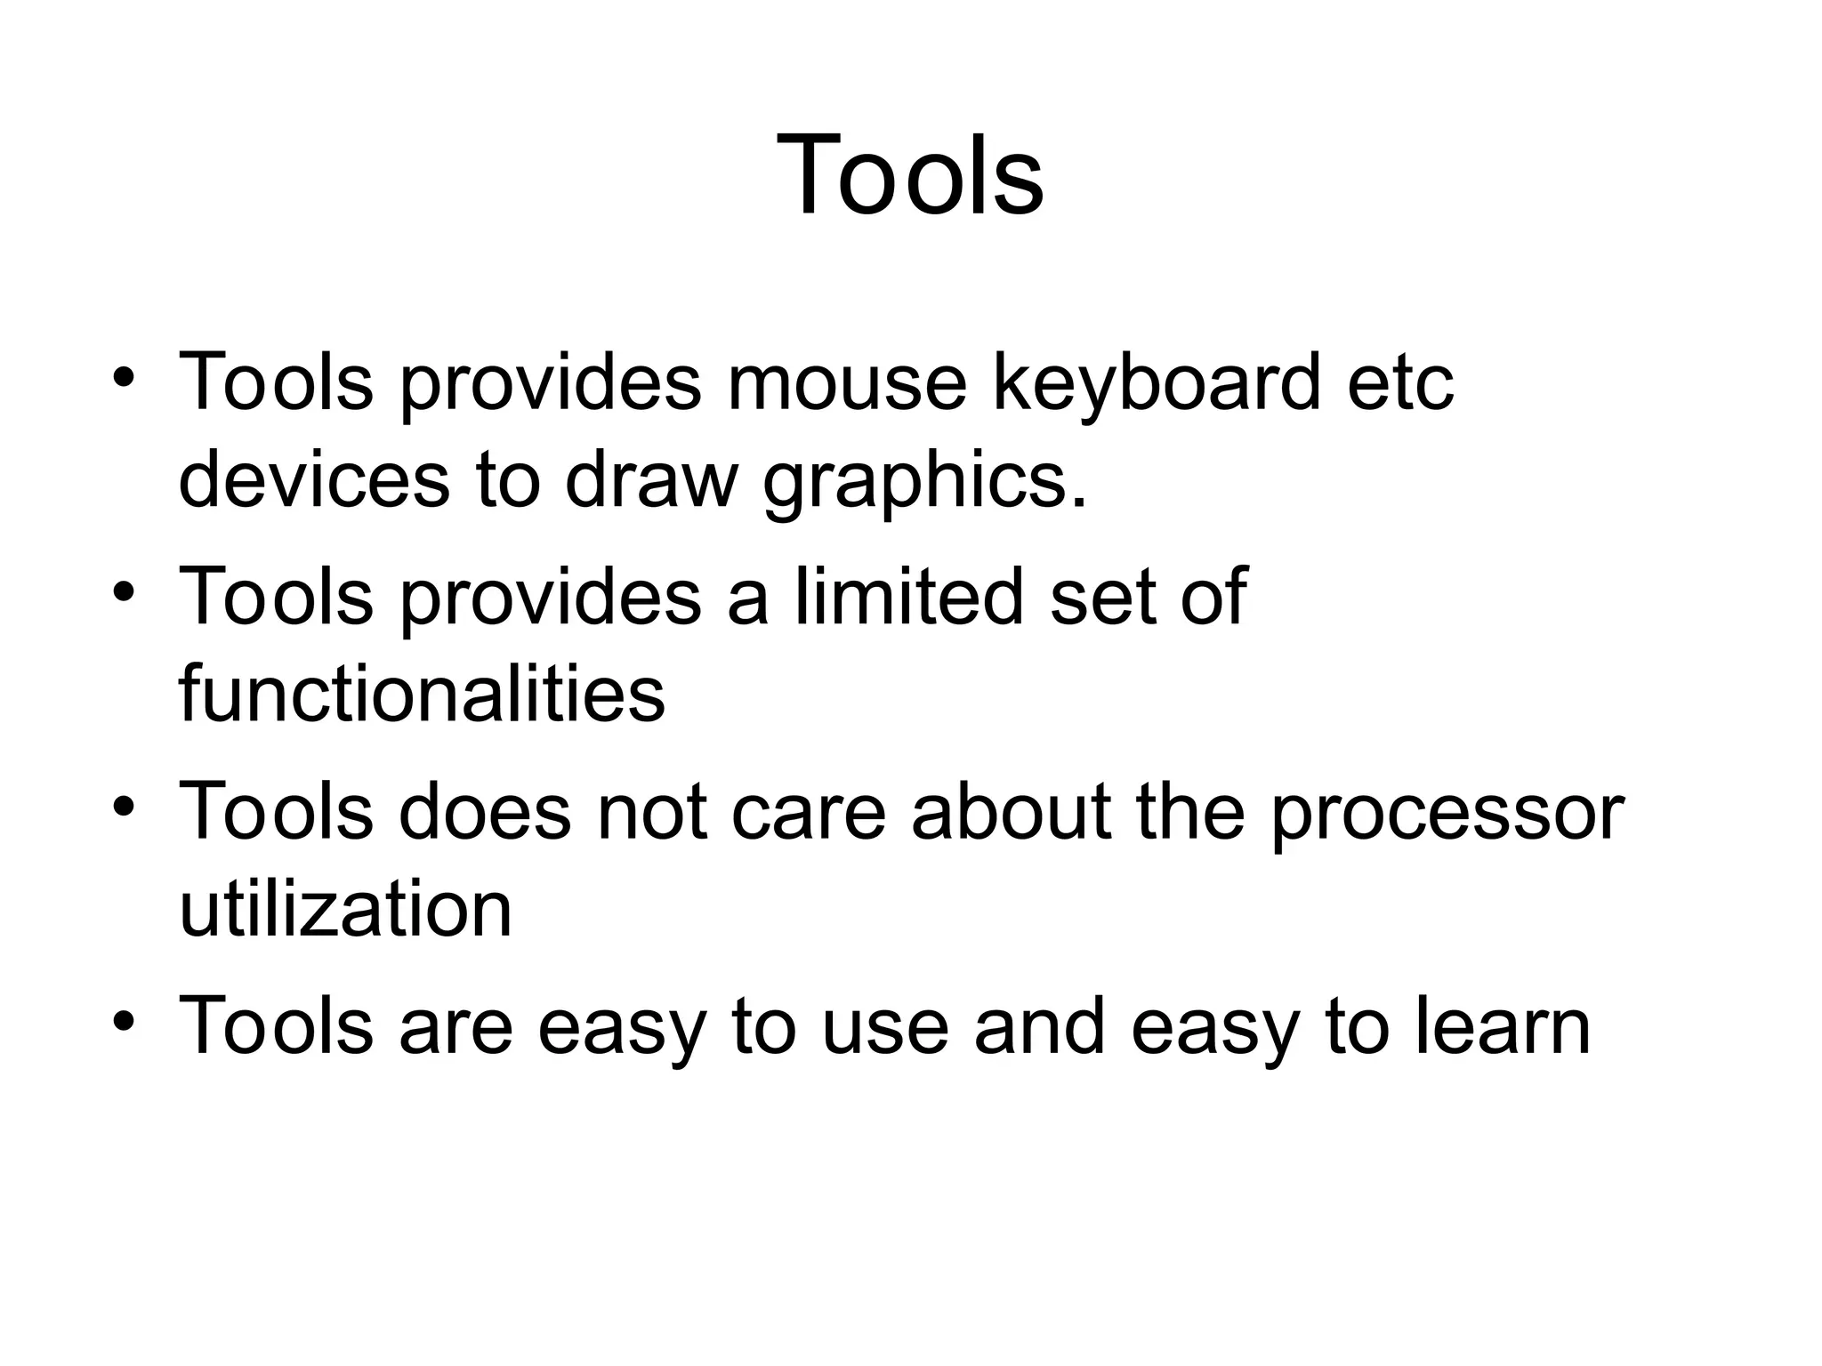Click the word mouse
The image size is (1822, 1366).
click(x=846, y=382)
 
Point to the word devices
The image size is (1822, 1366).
click(x=314, y=480)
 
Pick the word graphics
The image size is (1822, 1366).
click(x=925, y=485)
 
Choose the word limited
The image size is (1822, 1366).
click(x=907, y=596)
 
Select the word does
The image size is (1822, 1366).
click(x=484, y=811)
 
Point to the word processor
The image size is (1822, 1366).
click(x=1447, y=816)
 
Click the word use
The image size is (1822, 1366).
click(x=884, y=1028)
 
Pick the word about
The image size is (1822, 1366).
click(x=1011, y=811)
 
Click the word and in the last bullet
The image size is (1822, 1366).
click(x=1039, y=1026)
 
